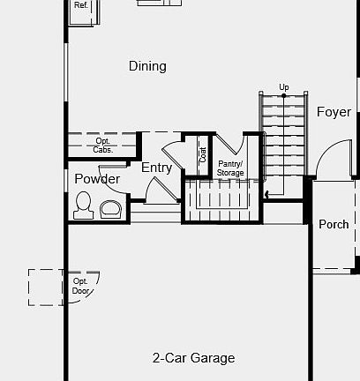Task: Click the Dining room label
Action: (147, 66)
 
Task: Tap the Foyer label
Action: (334, 112)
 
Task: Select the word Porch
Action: (334, 224)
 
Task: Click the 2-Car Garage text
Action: (193, 358)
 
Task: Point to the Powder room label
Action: (97, 179)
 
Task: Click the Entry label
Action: (156, 168)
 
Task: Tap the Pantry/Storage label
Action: (230, 168)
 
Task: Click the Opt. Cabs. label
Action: (103, 145)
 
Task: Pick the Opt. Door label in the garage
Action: (81, 286)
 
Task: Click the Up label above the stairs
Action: (284, 86)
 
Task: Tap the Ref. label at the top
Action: (81, 5)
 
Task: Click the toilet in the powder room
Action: (84, 206)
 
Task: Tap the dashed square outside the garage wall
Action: (45, 287)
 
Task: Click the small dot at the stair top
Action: (284, 95)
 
